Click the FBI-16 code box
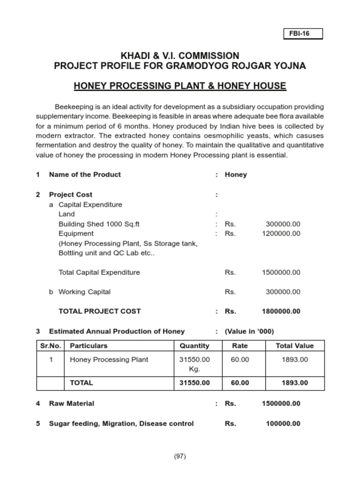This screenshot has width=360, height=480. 303,34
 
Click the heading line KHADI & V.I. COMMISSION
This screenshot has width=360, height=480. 180,55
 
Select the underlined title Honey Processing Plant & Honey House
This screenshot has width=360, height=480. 180,86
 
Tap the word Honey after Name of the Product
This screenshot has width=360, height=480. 236,174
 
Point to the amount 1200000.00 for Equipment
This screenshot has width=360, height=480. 281,233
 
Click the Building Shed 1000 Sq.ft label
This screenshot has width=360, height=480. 99,224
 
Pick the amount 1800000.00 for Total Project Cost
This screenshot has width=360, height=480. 281,311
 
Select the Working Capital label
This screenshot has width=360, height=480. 84,292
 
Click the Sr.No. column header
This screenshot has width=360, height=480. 51,346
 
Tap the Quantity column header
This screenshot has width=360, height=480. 195,346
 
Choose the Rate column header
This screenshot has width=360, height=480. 240,346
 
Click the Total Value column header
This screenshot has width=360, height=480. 294,346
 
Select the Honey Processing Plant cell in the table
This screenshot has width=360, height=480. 109,360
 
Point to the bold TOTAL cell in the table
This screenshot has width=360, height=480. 81,382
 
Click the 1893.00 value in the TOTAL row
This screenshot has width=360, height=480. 294,382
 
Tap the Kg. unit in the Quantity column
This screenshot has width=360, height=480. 195,369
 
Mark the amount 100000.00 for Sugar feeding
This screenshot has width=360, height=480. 283,424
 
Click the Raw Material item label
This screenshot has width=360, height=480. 71,404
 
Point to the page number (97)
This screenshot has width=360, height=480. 180,456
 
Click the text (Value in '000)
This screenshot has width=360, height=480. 249,331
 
